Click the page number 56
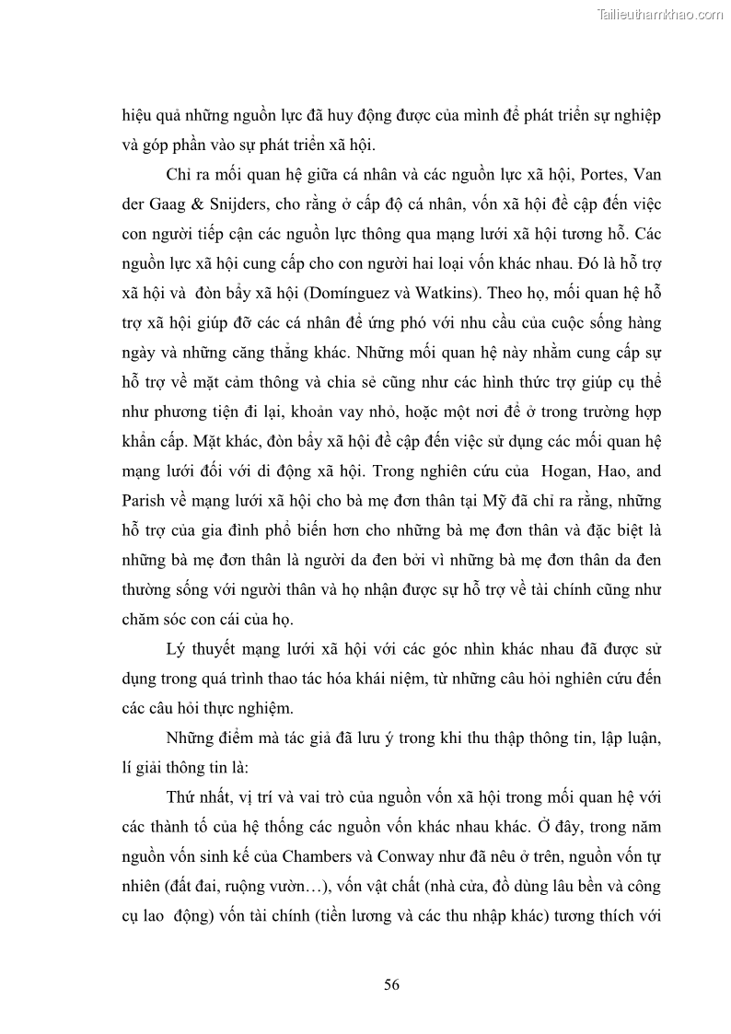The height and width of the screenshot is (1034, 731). (391, 984)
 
